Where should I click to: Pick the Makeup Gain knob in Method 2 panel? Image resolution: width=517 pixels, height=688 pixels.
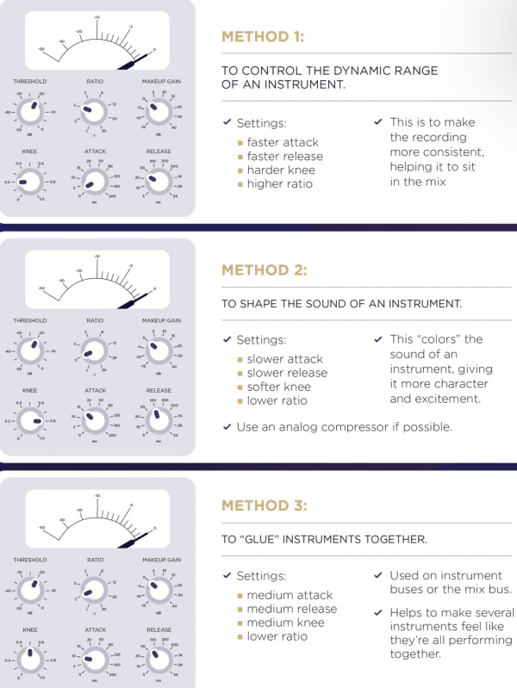tap(157, 350)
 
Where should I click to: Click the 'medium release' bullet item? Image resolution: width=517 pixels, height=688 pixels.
tap(291, 609)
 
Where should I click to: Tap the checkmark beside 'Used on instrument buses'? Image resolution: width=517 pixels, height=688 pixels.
tap(378, 575)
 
